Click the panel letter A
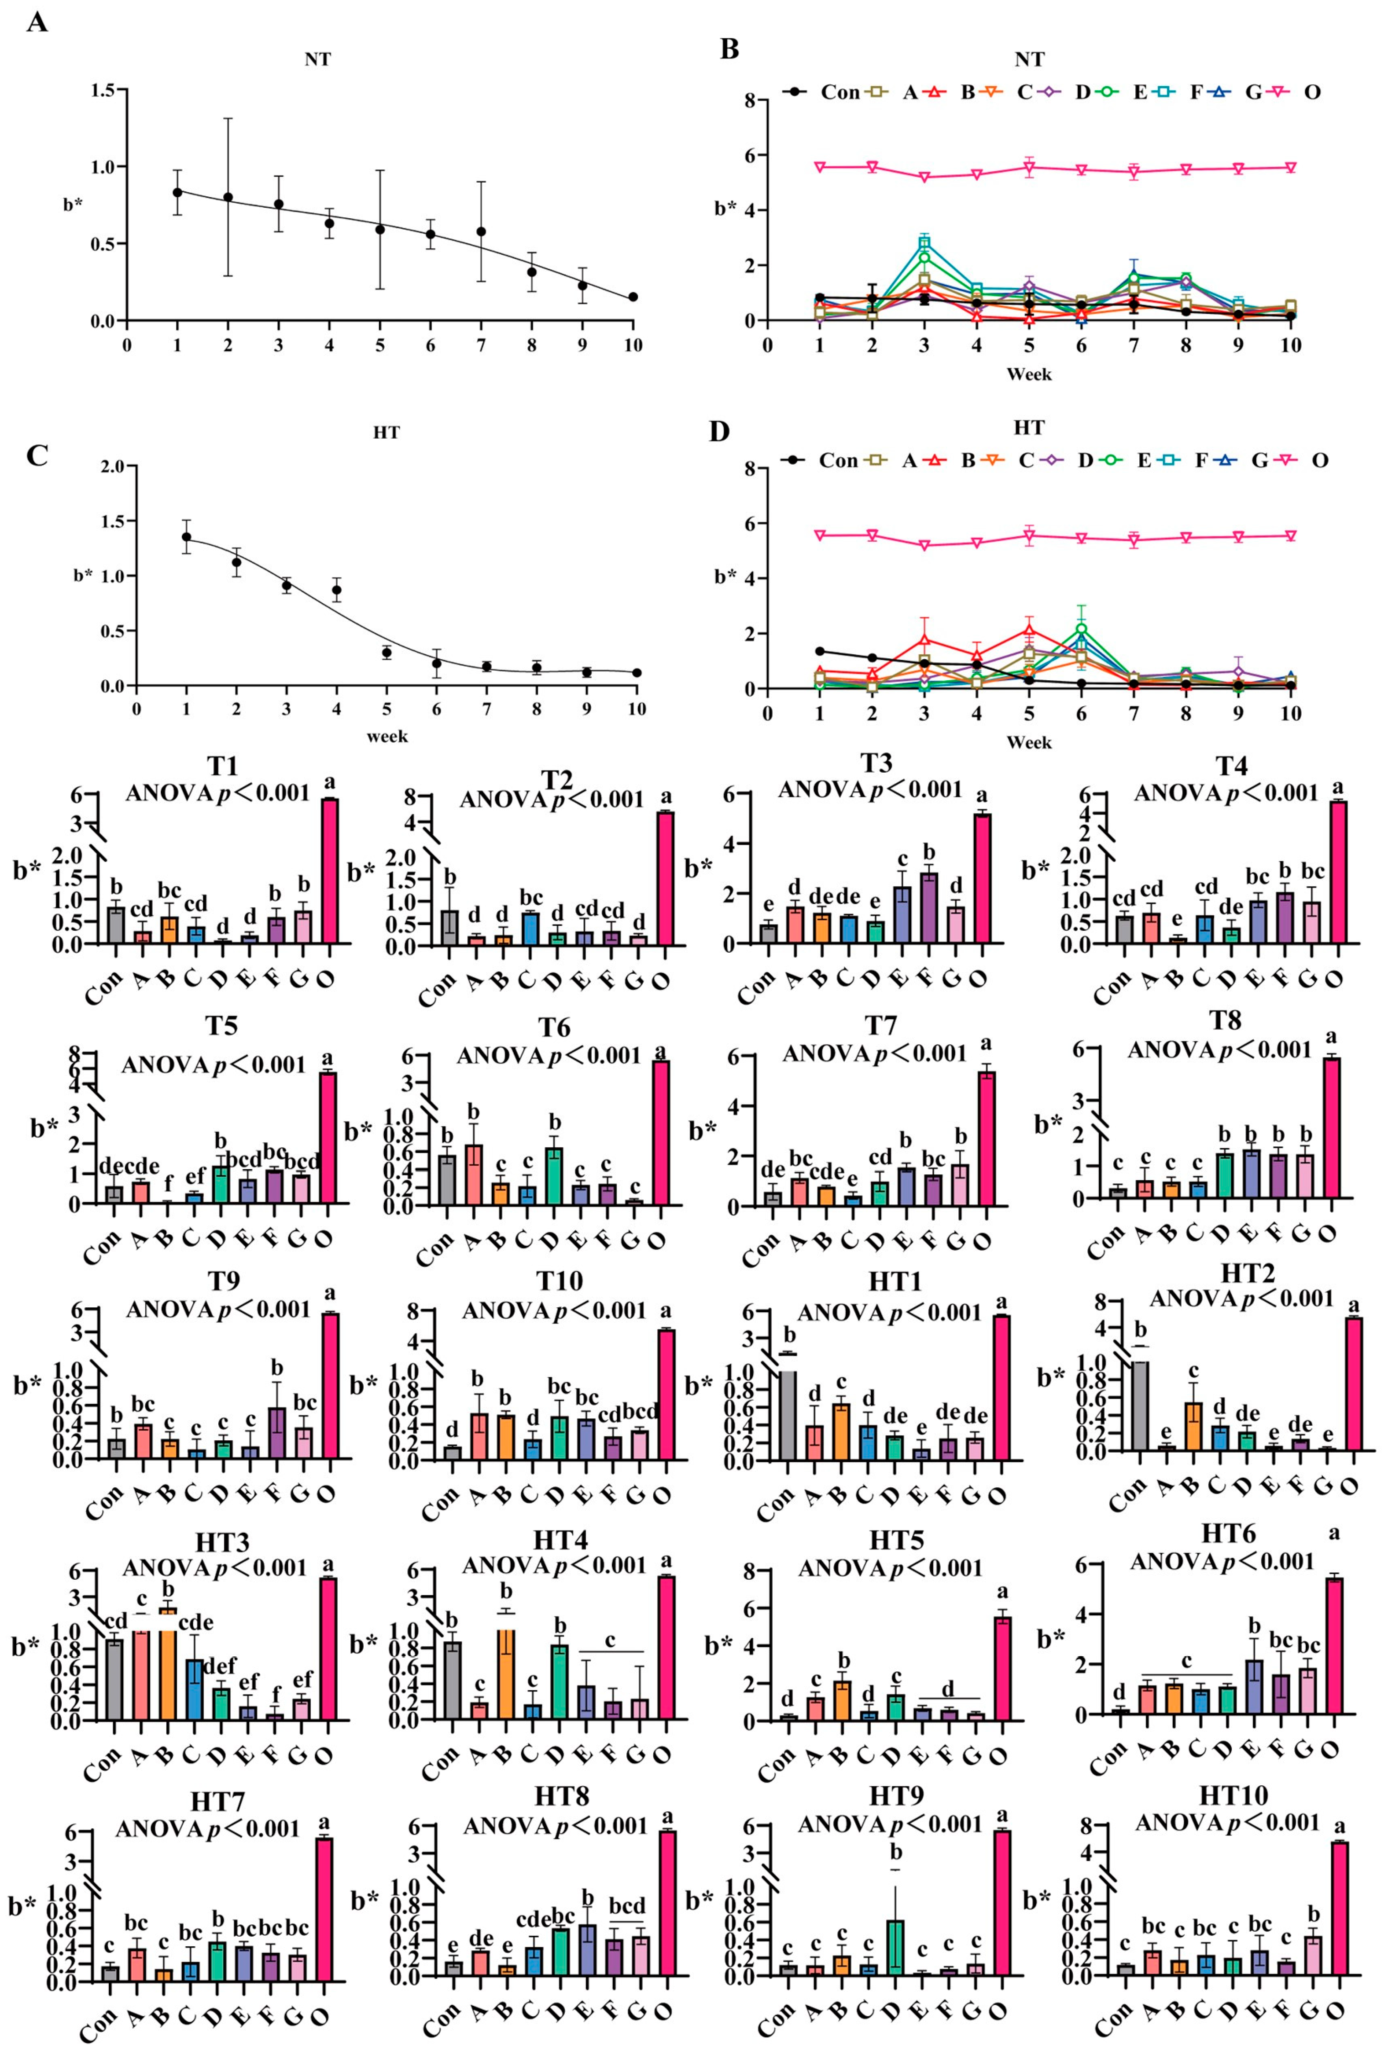(36, 21)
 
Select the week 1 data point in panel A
(177, 192)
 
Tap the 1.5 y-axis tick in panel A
(103, 90)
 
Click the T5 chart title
(222, 1026)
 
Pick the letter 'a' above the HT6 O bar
(1334, 1532)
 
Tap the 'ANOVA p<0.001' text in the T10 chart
(554, 1310)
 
